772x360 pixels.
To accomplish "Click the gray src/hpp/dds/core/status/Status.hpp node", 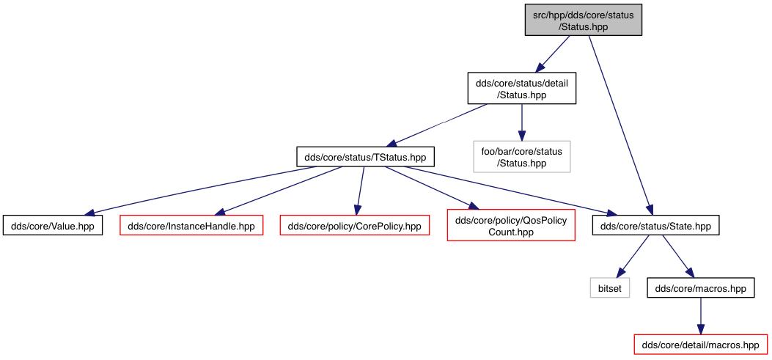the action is [584, 21].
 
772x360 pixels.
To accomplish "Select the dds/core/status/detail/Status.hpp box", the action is [521, 89].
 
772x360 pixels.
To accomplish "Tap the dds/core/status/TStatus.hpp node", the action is [365, 157].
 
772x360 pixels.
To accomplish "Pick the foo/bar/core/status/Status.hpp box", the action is [521, 157].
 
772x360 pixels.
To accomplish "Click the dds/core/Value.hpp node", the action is [52, 226].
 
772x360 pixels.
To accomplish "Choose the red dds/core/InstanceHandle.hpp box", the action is [191, 226].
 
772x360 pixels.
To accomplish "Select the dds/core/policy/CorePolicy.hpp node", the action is [355, 226].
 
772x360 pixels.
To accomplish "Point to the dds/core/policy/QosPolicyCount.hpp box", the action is [511, 226].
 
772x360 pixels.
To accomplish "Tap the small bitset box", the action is [610, 287].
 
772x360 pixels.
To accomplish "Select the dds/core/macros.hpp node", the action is [701, 287].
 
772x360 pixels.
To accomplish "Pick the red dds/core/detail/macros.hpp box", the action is [701, 345].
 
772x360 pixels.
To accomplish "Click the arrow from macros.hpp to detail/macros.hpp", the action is [701, 316].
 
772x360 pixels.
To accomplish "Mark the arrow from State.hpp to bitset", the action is [633, 256].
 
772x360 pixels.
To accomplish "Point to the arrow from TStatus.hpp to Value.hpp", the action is [200, 191].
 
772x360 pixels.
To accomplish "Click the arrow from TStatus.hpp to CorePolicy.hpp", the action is [360, 191].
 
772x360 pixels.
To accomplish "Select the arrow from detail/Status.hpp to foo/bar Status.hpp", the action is [521, 122].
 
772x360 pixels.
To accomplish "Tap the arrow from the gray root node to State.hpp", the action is [620, 125].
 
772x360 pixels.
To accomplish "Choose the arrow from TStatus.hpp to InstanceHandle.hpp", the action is [279, 191].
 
